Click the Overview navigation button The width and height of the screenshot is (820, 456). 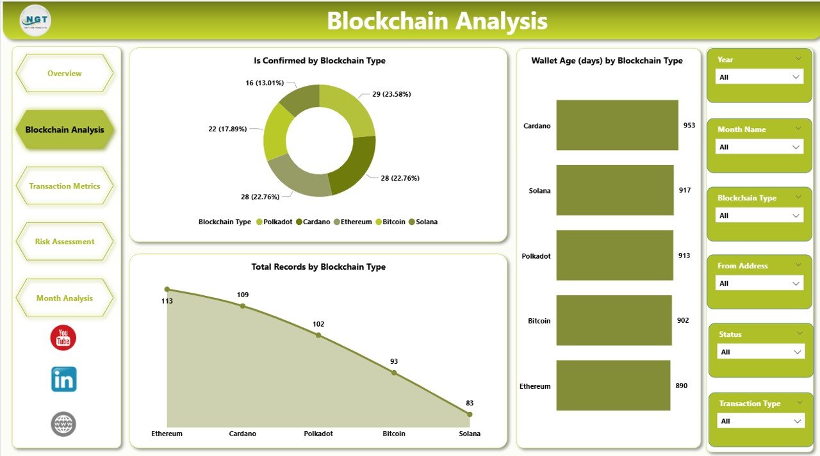(64, 74)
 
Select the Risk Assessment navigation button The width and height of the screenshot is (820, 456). (64, 241)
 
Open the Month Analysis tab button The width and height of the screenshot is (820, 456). (64, 298)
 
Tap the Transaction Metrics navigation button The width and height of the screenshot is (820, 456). (64, 186)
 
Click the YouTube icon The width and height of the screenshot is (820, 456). (63, 338)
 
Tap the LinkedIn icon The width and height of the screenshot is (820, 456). (63, 379)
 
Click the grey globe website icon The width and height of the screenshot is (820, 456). (63, 424)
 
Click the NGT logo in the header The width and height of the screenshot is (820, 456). (35, 20)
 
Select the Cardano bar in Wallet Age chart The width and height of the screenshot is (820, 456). (616, 125)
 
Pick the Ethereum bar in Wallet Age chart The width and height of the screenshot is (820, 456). (612, 386)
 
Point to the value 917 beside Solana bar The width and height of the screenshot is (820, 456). (685, 190)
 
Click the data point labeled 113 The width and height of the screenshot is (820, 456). (167, 289)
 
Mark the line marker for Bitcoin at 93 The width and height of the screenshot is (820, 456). (394, 373)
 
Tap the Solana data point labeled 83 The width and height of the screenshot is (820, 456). (470, 414)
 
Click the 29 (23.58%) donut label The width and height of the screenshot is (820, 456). (391, 94)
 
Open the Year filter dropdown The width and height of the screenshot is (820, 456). (759, 77)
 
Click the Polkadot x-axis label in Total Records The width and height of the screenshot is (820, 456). (318, 434)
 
